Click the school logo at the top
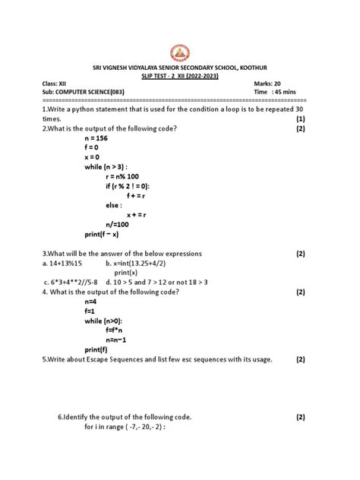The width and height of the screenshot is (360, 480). point(179,52)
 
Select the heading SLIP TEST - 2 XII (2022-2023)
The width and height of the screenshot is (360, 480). point(179,77)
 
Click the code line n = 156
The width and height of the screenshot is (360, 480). point(97,139)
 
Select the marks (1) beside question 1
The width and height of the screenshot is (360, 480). point(300,119)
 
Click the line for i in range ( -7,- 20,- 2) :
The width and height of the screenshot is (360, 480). point(125,428)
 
